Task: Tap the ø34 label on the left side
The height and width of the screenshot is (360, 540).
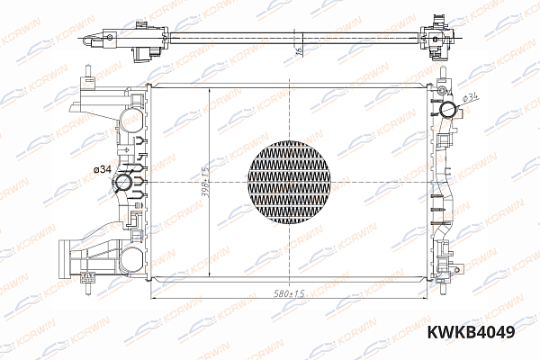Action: coord(102,169)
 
